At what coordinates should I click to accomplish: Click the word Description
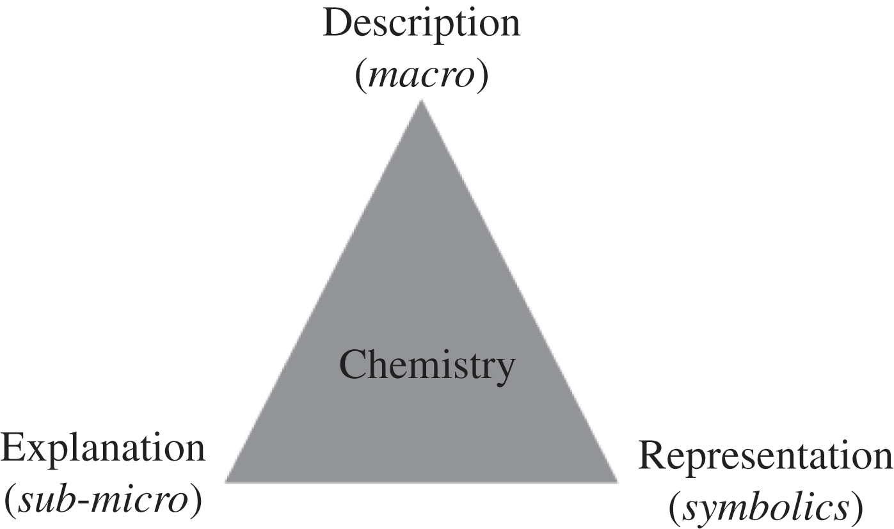(422, 25)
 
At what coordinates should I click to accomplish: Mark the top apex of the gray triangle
(422, 100)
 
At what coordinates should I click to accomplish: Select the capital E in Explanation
(14, 448)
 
